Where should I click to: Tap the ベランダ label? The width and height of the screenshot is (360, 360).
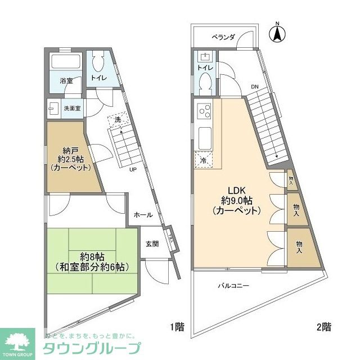click(x=223, y=37)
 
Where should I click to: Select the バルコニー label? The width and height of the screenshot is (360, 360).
click(x=233, y=286)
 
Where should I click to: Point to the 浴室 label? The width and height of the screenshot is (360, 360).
click(x=66, y=81)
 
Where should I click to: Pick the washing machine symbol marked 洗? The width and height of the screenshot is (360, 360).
click(x=118, y=120)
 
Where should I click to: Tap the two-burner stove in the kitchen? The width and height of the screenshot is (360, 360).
click(x=203, y=111)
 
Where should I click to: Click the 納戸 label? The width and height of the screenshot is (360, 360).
click(x=67, y=150)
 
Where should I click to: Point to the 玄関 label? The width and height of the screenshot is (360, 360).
click(x=152, y=244)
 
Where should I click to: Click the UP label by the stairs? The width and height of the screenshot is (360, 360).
click(x=133, y=169)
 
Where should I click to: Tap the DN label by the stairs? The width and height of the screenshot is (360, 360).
click(x=254, y=87)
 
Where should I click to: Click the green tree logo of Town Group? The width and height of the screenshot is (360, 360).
click(x=17, y=339)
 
